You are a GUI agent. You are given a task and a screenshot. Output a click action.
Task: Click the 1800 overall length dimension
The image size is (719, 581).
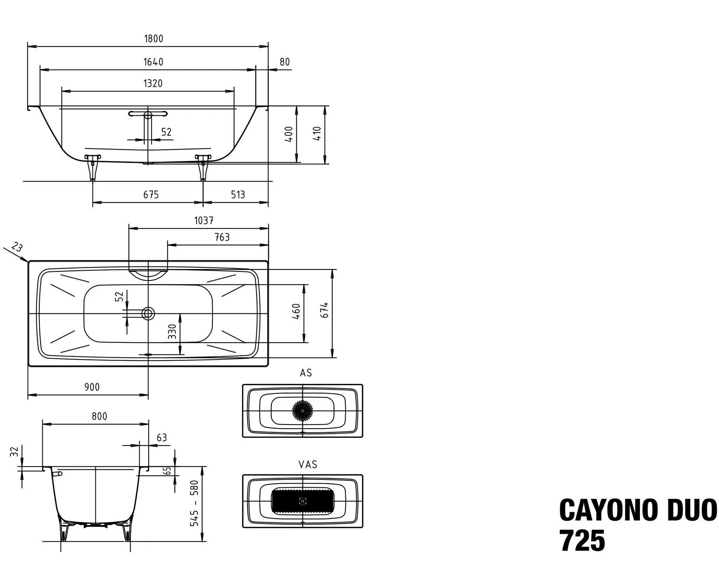coord(154,39)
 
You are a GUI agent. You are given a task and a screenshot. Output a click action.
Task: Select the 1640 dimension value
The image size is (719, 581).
coord(154,62)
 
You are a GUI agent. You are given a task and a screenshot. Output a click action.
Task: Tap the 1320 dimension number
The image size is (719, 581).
coord(153,83)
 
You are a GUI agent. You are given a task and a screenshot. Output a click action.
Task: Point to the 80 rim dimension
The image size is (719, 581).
coord(285,62)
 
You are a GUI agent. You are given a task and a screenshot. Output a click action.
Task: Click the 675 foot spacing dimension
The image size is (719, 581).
coord(151,195)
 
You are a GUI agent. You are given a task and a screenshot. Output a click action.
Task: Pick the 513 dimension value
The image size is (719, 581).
coord(237,195)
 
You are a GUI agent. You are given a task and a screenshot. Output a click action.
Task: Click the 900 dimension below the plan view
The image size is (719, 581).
coord(92,387)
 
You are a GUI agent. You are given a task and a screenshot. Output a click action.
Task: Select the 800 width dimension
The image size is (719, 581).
coord(99,416)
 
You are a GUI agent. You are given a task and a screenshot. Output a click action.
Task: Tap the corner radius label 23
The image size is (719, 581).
coord(16,247)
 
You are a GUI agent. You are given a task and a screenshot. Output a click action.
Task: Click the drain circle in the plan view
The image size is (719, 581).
coord(148,313)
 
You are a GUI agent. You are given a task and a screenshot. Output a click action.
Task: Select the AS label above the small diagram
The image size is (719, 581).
coord(306,373)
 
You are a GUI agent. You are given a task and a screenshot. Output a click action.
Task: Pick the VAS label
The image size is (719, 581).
coord(308,465)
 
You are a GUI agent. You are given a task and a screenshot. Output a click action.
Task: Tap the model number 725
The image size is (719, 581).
coord(582,541)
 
